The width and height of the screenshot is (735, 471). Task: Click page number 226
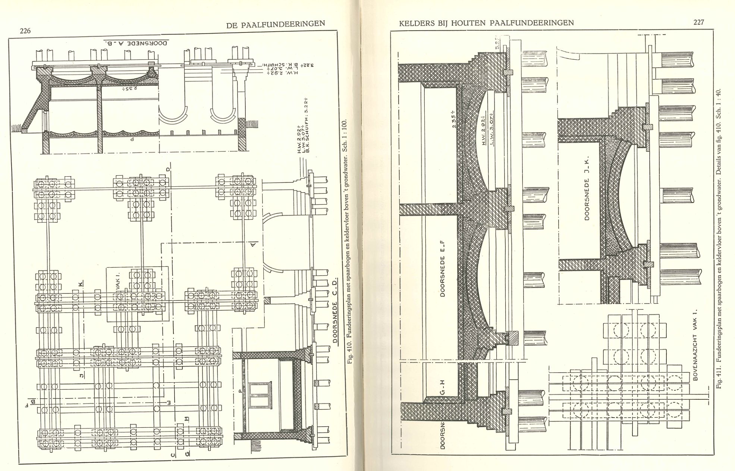[x=25, y=31]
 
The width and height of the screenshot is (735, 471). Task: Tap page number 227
[x=698, y=22]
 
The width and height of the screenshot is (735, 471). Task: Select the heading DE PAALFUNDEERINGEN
[x=276, y=25]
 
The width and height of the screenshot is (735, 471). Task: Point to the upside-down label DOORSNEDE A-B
[x=136, y=43]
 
